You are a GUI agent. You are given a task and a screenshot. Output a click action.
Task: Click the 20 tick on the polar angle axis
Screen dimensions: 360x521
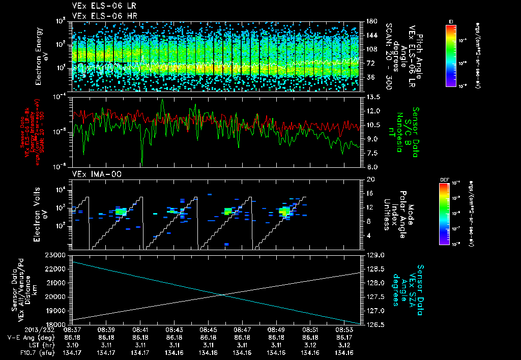(369, 179)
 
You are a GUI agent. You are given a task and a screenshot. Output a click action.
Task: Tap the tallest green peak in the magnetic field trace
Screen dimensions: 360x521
(162, 100)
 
